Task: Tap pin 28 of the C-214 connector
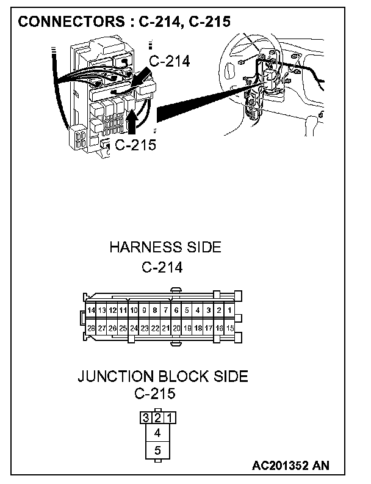pyautogui.click(x=91, y=328)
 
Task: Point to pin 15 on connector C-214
pyautogui.click(x=229, y=328)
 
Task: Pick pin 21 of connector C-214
pyautogui.click(x=165, y=328)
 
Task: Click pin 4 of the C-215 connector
pyautogui.click(x=157, y=433)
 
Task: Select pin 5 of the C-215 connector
pyautogui.click(x=157, y=451)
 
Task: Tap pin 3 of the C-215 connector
pyautogui.click(x=146, y=418)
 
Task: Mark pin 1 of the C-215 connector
pyautogui.click(x=169, y=418)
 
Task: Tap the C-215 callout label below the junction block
pyautogui.click(x=135, y=145)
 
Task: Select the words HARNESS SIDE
pyautogui.click(x=165, y=248)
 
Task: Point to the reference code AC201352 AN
pyautogui.click(x=290, y=466)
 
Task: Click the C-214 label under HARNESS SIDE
pyautogui.click(x=162, y=266)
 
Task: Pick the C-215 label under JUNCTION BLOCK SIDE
pyautogui.click(x=154, y=394)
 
